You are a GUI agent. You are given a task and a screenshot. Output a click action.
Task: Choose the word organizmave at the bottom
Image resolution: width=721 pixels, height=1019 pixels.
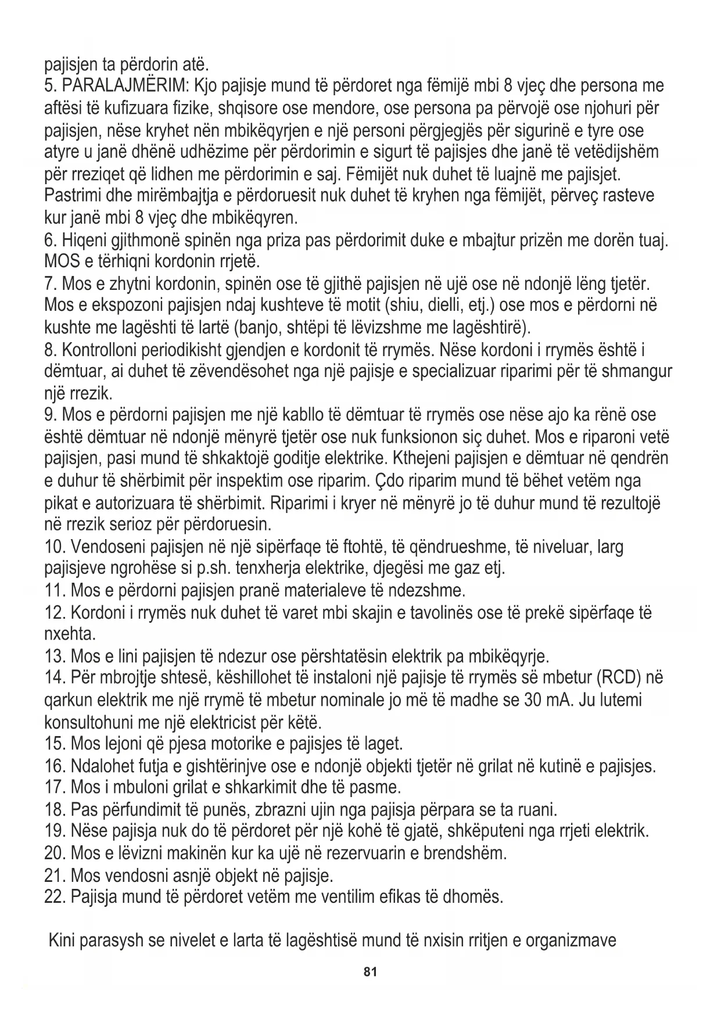[x=571, y=940]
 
